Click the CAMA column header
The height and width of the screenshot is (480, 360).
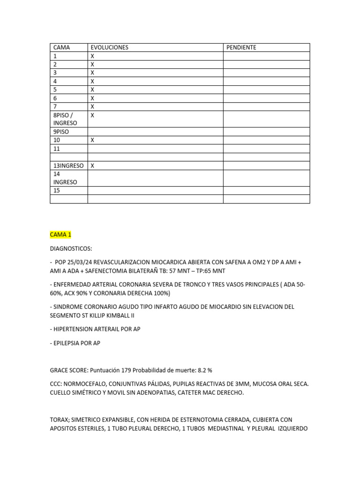tap(61, 47)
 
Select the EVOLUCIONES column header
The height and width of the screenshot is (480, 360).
tap(109, 47)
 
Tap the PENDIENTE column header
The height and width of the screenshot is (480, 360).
tap(241, 47)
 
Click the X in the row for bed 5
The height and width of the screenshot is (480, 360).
tap(92, 90)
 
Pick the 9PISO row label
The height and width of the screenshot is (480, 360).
tap(61, 132)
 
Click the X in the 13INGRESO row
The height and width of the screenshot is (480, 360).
tap(92, 165)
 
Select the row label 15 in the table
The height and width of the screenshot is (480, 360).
tap(57, 191)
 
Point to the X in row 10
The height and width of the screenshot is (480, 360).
tap(92, 140)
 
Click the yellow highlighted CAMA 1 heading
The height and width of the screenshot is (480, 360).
tap(60, 234)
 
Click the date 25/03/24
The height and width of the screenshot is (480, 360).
tap(80, 262)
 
